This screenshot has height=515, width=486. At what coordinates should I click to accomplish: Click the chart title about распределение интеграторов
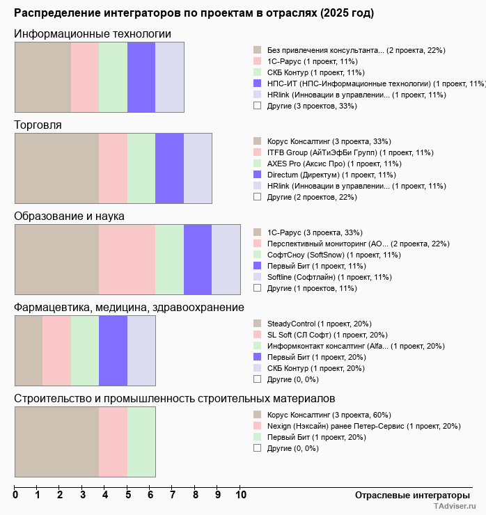point(194,13)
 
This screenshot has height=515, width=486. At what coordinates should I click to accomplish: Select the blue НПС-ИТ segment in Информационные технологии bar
point(141,77)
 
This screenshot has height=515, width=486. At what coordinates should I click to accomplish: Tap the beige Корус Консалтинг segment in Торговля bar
point(56,168)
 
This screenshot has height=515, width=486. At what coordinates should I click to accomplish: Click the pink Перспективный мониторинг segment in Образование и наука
point(127,260)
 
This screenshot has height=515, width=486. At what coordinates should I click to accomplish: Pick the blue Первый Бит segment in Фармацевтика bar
point(113,351)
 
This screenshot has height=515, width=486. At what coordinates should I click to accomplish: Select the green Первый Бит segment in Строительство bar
point(141,442)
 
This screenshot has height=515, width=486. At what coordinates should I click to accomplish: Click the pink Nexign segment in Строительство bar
point(113,442)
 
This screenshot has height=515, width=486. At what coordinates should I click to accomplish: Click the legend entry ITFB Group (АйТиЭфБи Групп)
point(350,152)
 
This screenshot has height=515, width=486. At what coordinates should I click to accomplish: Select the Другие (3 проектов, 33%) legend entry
point(311,106)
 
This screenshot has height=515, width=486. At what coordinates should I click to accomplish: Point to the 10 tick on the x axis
point(241,495)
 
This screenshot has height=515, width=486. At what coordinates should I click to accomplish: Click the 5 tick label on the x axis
point(128,495)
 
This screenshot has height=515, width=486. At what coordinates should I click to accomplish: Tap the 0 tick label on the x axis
point(15,495)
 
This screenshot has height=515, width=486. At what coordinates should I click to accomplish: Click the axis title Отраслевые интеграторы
point(408,495)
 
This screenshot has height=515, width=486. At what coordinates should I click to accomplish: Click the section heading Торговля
point(38,125)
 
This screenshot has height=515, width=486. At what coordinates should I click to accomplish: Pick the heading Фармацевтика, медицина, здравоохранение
point(129,308)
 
